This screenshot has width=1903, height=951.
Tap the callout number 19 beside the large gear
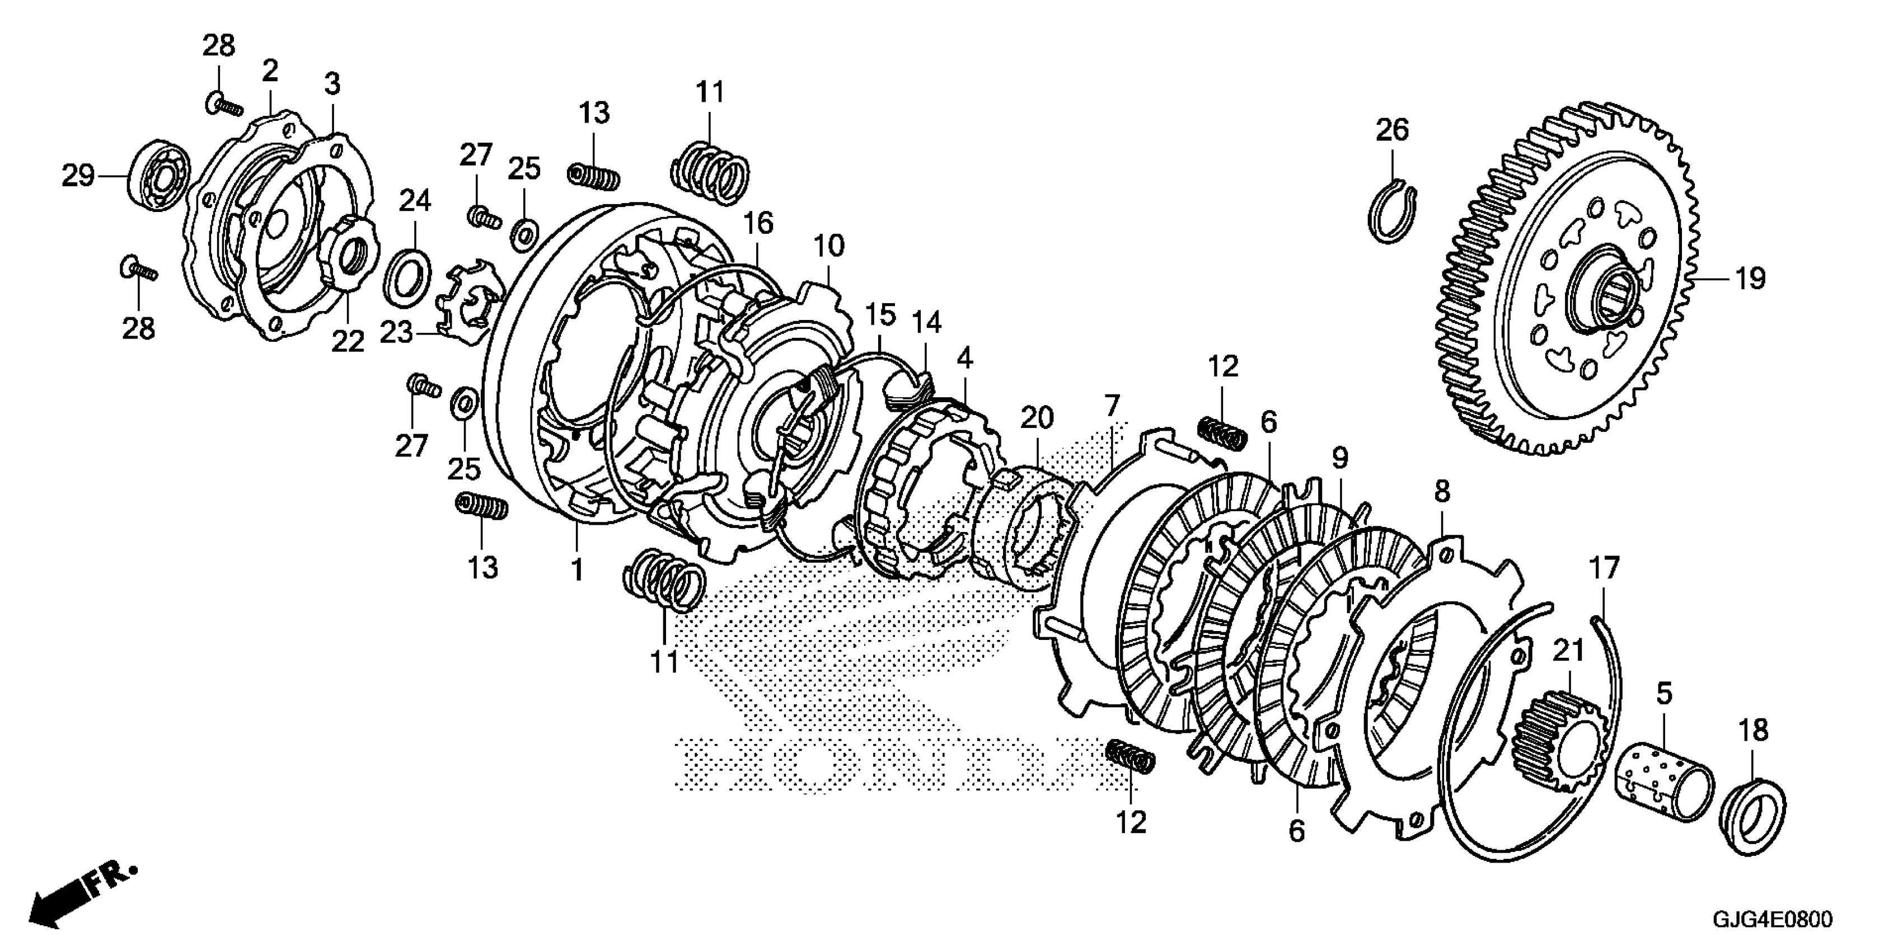tap(1749, 280)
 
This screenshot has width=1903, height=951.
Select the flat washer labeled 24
tap(409, 277)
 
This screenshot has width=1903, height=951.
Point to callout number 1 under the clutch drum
tap(577, 570)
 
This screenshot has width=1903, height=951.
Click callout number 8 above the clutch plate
tap(1441, 491)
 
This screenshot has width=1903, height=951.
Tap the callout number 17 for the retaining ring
tap(1604, 568)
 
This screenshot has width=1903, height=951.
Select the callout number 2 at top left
tap(270, 72)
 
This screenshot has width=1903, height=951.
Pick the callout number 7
tap(1112, 406)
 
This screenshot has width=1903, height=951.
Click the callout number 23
tap(396, 333)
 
